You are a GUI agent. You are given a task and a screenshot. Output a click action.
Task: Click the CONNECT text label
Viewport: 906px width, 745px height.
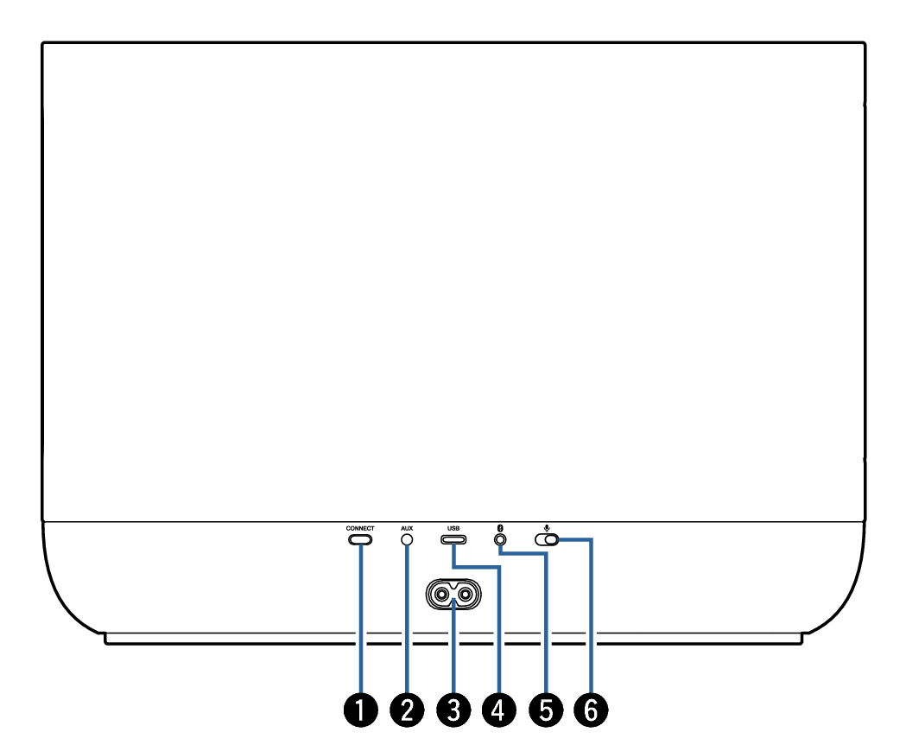click(360, 528)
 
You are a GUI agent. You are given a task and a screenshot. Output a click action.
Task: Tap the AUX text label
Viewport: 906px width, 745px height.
click(407, 528)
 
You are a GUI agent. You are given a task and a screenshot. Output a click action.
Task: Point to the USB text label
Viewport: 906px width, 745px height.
click(453, 528)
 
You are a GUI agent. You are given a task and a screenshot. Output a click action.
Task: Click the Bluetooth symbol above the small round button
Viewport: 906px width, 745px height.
click(500, 528)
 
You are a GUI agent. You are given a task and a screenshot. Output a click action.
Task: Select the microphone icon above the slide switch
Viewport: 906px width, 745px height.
click(547, 527)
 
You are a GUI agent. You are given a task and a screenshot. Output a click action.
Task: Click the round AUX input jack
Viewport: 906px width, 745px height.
click(407, 539)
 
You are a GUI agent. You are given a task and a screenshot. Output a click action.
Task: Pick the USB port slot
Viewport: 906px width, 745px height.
click(453, 539)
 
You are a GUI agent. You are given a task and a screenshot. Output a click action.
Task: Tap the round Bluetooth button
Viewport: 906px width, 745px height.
click(500, 539)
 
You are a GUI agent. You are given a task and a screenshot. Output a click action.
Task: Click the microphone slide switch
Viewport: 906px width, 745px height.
click(547, 539)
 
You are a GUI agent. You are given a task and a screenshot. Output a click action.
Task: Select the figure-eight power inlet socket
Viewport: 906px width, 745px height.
click(453, 594)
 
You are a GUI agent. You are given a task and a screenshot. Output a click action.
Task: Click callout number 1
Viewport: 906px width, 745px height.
click(360, 710)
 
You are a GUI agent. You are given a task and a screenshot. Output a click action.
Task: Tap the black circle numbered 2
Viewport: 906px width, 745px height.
click(407, 710)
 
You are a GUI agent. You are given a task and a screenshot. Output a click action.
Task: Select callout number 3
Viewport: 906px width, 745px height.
click(453, 710)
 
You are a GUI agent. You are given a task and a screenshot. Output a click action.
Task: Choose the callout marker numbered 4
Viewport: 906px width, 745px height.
click(499, 710)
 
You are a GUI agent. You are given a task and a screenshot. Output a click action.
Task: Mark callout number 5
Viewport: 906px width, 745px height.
click(546, 710)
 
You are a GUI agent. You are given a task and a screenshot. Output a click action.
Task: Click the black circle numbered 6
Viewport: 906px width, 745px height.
click(591, 710)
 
